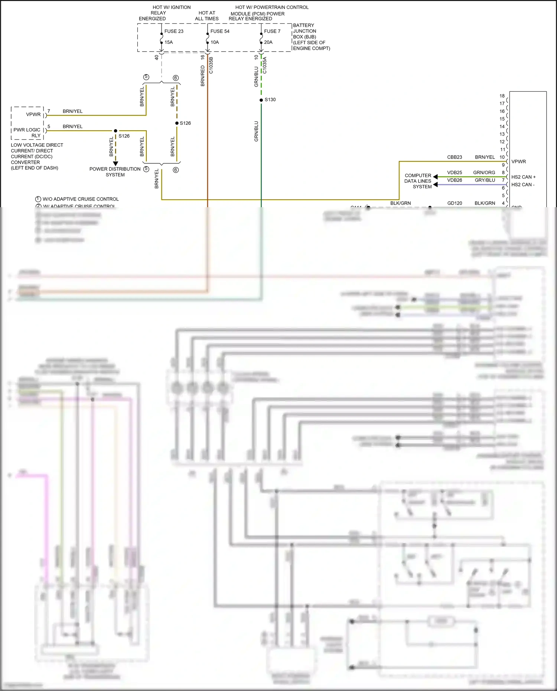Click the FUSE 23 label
coord(174,31)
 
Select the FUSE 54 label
coord(220,31)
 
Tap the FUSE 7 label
coord(272,31)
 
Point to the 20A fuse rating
coord(268,42)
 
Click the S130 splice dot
coord(261,100)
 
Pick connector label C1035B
coord(211,65)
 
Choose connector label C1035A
coord(265,65)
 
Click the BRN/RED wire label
coord(203,76)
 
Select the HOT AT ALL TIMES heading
coord(207,16)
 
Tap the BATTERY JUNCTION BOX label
coord(304,31)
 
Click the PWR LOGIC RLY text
coord(27,132)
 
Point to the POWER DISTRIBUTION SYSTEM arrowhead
coord(115,163)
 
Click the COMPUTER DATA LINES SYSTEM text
coord(418,181)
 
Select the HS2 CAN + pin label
coord(523,177)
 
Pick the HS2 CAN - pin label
coord(523,185)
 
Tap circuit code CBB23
coord(455,157)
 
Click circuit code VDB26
coord(455,180)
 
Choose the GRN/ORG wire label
coord(484,173)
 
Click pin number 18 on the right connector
coord(502,96)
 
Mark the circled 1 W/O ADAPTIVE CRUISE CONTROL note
coord(77,199)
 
